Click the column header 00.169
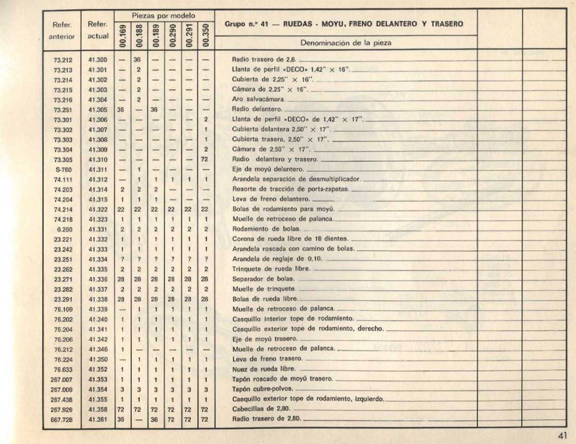(123, 36)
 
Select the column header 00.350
(206, 36)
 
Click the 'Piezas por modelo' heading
(163, 16)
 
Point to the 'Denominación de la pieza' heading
(345, 43)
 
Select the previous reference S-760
(63, 170)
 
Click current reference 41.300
(98, 60)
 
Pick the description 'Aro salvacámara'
(259, 100)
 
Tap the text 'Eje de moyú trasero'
(265, 339)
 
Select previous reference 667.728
(62, 420)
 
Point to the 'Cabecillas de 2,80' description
(261, 409)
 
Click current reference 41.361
(98, 420)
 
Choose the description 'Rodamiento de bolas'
(266, 229)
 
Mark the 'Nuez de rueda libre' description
(264, 369)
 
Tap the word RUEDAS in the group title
(298, 24)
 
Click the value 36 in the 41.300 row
(138, 60)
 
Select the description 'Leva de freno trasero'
(267, 359)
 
